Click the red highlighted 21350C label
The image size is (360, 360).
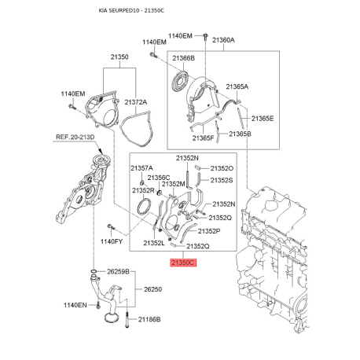pyautogui.click(x=183, y=263)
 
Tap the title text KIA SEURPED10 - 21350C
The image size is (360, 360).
pyautogui.click(x=131, y=11)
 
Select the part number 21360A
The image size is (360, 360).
pyautogui.click(x=223, y=40)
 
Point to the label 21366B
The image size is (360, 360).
pyautogui.click(x=183, y=58)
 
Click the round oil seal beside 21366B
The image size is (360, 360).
pyautogui.click(x=179, y=80)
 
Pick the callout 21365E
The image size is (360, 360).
pyautogui.click(x=263, y=119)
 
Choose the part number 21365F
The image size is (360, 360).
pyautogui.click(x=203, y=138)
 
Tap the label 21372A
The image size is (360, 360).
pyautogui.click(x=136, y=102)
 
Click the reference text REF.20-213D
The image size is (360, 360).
pyautogui.click(x=75, y=137)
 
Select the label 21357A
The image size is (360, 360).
pyautogui.click(x=141, y=168)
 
